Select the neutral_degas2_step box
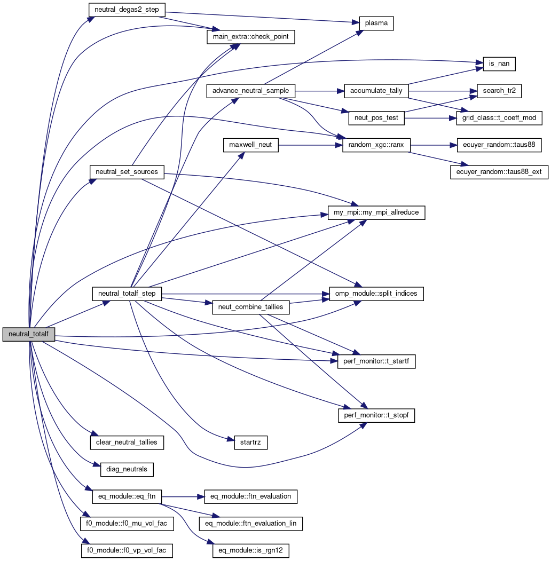[127, 9]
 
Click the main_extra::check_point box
[250, 37]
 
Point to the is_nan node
[499, 64]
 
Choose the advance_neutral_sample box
[250, 91]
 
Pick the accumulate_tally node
[376, 91]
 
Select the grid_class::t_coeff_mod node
[499, 118]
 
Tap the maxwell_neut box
[250, 145]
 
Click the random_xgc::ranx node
[376, 145]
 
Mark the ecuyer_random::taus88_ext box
[499, 172]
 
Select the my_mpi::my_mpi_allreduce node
[376, 212]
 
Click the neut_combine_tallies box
[250, 307]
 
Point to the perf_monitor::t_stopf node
[376, 415]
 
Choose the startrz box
[250, 442]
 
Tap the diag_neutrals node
[127, 469]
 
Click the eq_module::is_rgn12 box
[250, 550]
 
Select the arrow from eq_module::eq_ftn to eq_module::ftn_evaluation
[182, 496]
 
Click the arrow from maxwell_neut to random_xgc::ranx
[310, 145]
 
